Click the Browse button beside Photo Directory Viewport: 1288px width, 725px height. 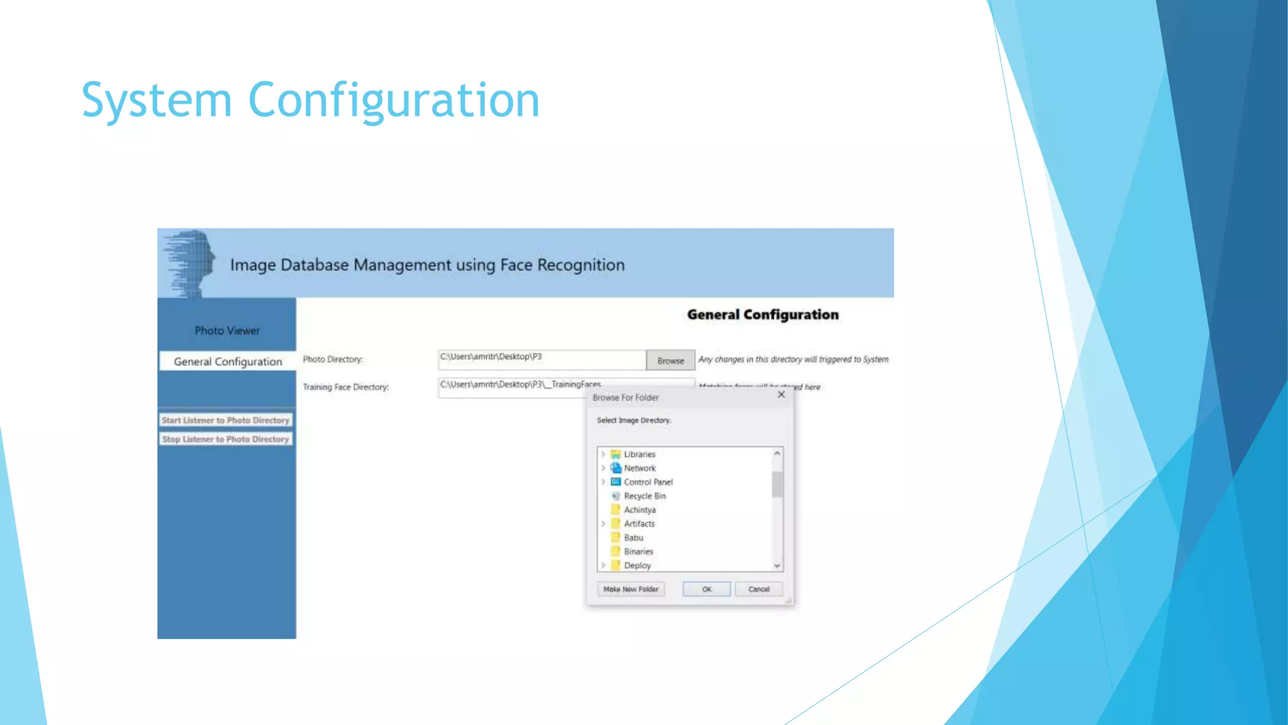tap(670, 361)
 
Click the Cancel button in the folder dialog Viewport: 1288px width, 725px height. tap(758, 589)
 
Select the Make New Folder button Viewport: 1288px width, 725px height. tap(630, 589)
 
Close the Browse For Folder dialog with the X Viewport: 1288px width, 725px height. tap(781, 395)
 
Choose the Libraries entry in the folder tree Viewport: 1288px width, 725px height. tap(639, 454)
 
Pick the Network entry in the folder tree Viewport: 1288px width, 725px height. tap(639, 468)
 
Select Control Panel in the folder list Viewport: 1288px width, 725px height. tap(648, 482)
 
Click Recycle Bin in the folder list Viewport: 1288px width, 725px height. tap(644, 496)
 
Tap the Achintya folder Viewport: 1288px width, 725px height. tap(639, 510)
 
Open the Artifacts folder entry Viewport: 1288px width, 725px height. tap(639, 524)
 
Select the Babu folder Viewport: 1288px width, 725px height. tap(633, 537)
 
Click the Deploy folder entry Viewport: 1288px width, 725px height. tap(637, 565)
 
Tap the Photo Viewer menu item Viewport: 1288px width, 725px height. tap(227, 330)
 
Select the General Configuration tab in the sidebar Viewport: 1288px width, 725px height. tap(228, 362)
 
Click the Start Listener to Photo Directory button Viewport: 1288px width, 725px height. tap(226, 420)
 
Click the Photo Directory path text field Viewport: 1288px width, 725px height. tap(541, 359)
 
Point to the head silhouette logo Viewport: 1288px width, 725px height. tap(191, 262)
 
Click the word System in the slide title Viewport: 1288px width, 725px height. tap(157, 101)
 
